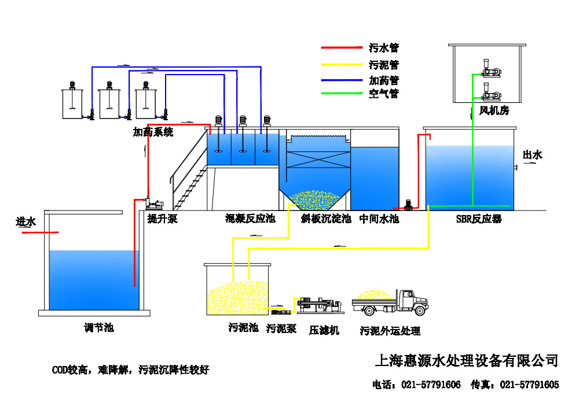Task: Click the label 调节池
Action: [98, 328]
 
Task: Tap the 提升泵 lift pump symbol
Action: [155, 204]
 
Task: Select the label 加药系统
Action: [153, 132]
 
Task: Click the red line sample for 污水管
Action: [341, 47]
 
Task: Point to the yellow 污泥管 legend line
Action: [341, 65]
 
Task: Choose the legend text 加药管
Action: [384, 80]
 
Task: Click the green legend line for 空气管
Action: [341, 93]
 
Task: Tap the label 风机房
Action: [493, 110]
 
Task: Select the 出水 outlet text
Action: [532, 154]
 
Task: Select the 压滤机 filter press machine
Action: [318, 305]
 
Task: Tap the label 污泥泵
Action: [281, 328]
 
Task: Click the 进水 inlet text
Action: [25, 221]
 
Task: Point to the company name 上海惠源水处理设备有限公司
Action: [467, 361]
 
